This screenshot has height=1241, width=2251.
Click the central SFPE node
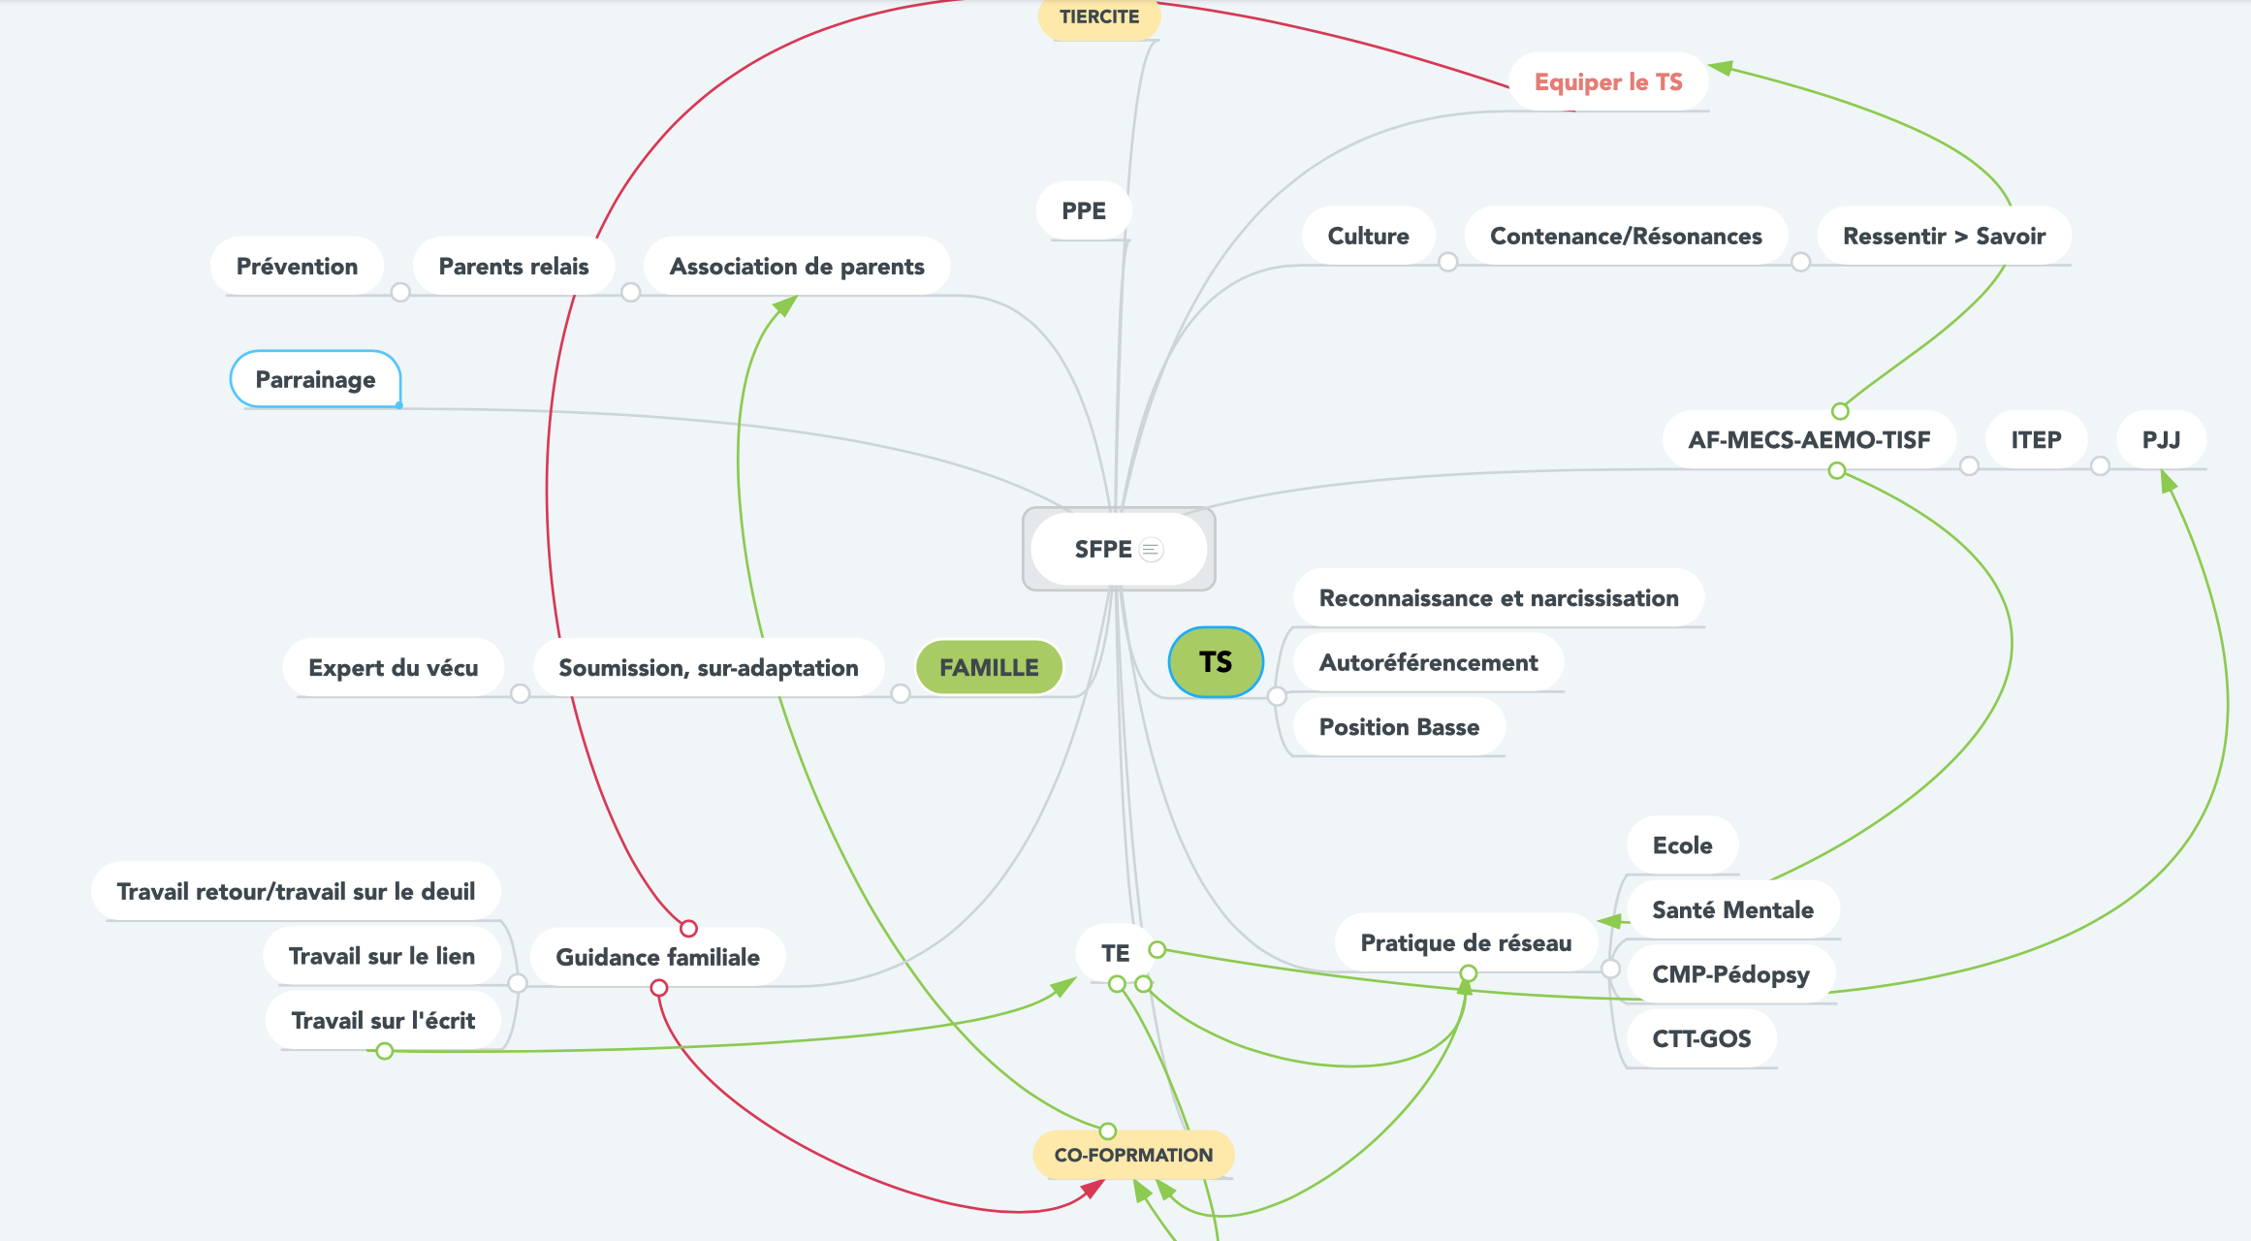pos(1102,550)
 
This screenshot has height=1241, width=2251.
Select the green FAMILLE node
pos(989,668)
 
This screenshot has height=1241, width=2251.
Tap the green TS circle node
pos(1216,662)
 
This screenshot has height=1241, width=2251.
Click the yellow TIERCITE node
pos(1099,17)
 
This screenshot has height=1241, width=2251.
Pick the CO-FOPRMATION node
pos(1133,1155)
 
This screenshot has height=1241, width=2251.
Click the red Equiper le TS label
pos(1608,82)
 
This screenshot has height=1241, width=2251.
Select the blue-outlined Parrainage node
pos(315,380)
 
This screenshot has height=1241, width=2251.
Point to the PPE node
pos(1083,211)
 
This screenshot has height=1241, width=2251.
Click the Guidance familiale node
pos(657,957)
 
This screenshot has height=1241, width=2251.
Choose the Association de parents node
pos(797,267)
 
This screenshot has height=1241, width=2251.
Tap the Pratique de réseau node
pos(1466,943)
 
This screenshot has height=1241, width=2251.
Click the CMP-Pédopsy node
pos(1730,974)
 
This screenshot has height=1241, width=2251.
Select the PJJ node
pos(2161,440)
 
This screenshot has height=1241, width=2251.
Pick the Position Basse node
pos(1399,727)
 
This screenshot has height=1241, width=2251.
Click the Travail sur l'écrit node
pos(383,1021)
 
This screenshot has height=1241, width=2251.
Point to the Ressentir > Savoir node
pos(1944,237)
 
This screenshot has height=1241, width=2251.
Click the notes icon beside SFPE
pos(1151,550)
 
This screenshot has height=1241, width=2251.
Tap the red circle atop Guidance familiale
pos(688,929)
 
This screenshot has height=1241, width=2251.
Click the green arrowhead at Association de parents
pos(785,306)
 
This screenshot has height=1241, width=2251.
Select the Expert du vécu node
pos(393,668)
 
